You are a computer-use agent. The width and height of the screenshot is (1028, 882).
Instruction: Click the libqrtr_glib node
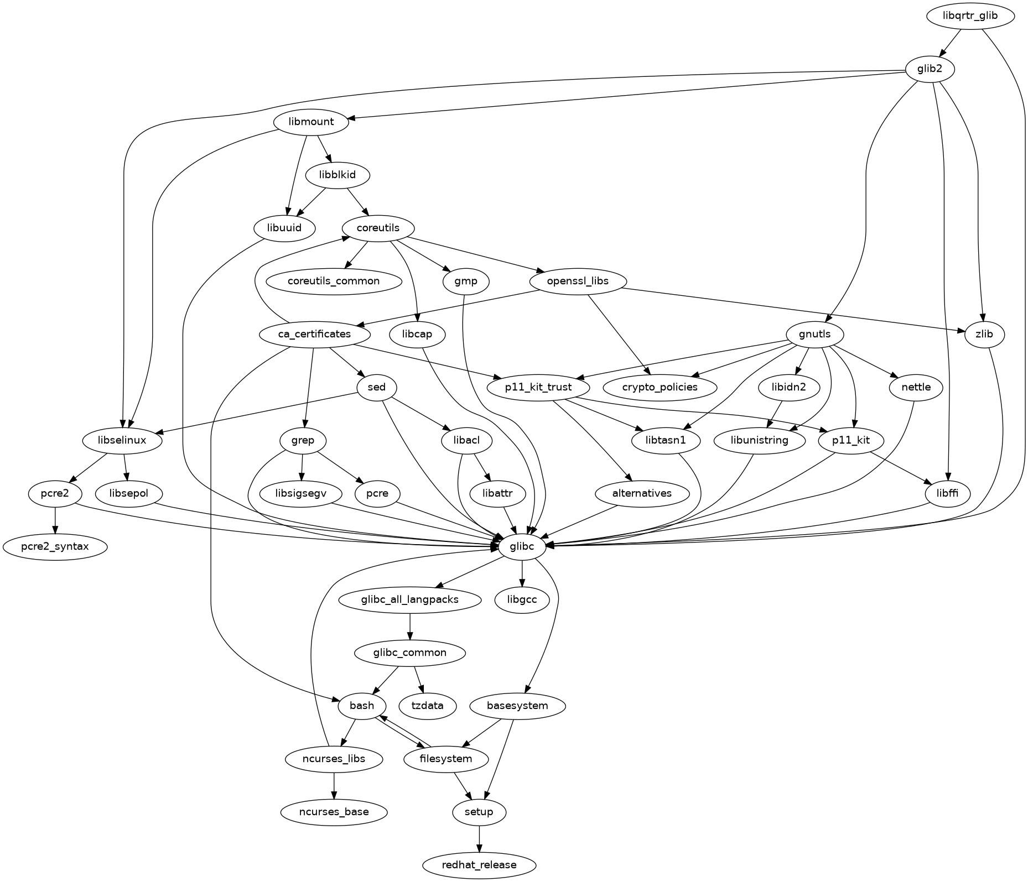pyautogui.click(x=970, y=15)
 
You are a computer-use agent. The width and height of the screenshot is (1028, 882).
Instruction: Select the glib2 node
pyautogui.click(x=930, y=69)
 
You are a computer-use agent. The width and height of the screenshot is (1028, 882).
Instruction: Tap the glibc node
pyautogui.click(x=522, y=547)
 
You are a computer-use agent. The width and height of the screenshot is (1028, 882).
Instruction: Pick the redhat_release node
pyautogui.click(x=479, y=865)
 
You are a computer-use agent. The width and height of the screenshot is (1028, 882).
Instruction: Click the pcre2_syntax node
pyautogui.click(x=55, y=547)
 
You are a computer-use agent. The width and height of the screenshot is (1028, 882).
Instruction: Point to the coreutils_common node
pyautogui.click(x=334, y=281)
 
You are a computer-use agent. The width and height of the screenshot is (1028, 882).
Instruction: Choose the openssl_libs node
pyautogui.click(x=578, y=281)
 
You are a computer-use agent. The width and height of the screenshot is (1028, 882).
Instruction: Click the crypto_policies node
pyautogui.click(x=660, y=387)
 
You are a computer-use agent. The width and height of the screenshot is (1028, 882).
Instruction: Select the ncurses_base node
pyautogui.click(x=334, y=812)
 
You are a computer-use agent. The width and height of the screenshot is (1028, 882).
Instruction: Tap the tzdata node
pyautogui.click(x=428, y=706)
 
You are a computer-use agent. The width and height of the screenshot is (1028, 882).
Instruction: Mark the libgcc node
pyautogui.click(x=522, y=599)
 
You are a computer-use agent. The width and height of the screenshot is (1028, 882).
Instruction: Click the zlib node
pyautogui.click(x=985, y=334)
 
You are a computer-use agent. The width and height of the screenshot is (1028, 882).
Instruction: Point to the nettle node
pyautogui.click(x=916, y=387)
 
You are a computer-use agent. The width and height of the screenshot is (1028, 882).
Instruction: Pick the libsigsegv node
pyautogui.click(x=300, y=493)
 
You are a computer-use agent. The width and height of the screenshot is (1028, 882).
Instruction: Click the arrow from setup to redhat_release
pyautogui.click(x=479, y=838)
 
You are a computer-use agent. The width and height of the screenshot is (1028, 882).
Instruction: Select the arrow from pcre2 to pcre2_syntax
pyautogui.click(x=55, y=520)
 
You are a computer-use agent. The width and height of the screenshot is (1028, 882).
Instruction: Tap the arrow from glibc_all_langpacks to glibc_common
pyautogui.click(x=410, y=626)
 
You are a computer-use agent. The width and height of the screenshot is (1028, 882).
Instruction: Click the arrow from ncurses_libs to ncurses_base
pyautogui.click(x=334, y=785)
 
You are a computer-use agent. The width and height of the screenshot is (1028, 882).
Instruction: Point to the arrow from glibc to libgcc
pyautogui.click(x=522, y=573)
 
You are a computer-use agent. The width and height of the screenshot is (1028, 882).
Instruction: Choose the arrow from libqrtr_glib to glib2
pyautogui.click(x=949, y=43)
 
